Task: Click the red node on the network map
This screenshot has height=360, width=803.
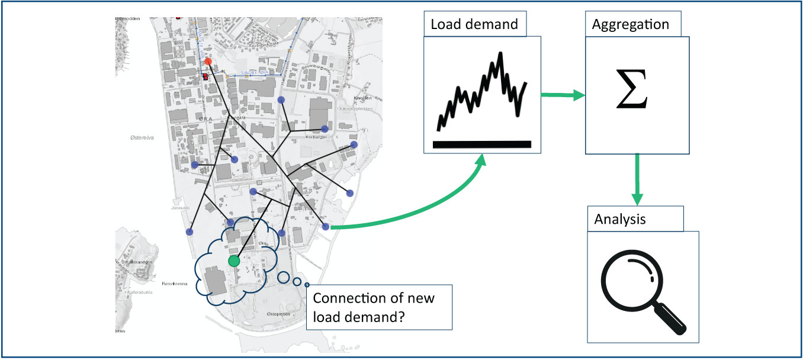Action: coord(208,62)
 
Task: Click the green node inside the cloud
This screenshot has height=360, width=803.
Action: coord(234,261)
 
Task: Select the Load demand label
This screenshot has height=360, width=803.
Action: coord(474,25)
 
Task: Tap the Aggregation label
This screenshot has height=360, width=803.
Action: coord(630,25)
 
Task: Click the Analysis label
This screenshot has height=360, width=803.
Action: coord(619,219)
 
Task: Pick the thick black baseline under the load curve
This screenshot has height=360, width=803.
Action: coord(482,144)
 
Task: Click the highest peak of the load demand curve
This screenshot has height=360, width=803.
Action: coord(501,54)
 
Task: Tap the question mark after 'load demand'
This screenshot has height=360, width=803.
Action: coord(400,317)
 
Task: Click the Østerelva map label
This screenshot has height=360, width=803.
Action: coord(142,137)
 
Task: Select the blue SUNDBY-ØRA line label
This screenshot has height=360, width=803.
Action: coord(256,72)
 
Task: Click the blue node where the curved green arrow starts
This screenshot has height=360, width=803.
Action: coord(325,227)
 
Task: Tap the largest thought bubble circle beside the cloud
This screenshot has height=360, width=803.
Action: coord(284,277)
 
